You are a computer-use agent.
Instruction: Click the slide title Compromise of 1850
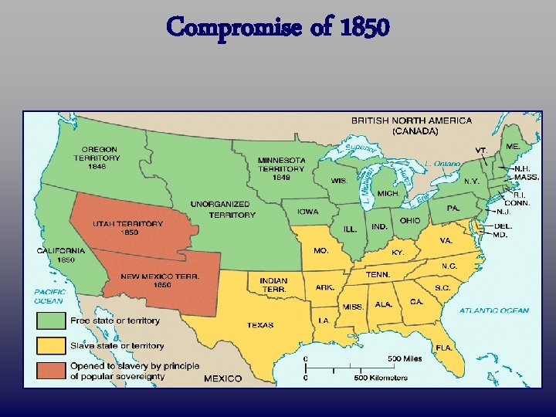[x=278, y=29]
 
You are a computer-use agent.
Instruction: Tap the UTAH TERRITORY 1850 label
[x=128, y=228]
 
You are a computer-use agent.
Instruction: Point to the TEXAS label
[x=260, y=325]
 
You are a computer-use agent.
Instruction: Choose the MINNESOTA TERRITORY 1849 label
[x=281, y=168]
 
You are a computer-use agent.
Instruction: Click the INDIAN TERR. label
[x=273, y=284]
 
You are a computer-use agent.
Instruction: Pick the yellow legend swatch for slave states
[x=48, y=345]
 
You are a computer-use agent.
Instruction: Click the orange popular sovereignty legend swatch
[x=48, y=371]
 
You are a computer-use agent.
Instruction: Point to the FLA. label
[x=443, y=347]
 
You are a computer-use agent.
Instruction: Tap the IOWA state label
[x=307, y=211]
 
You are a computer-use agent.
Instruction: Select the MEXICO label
[x=222, y=378]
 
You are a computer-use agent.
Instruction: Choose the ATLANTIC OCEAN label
[x=494, y=310]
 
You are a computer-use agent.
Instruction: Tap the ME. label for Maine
[x=512, y=146]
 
